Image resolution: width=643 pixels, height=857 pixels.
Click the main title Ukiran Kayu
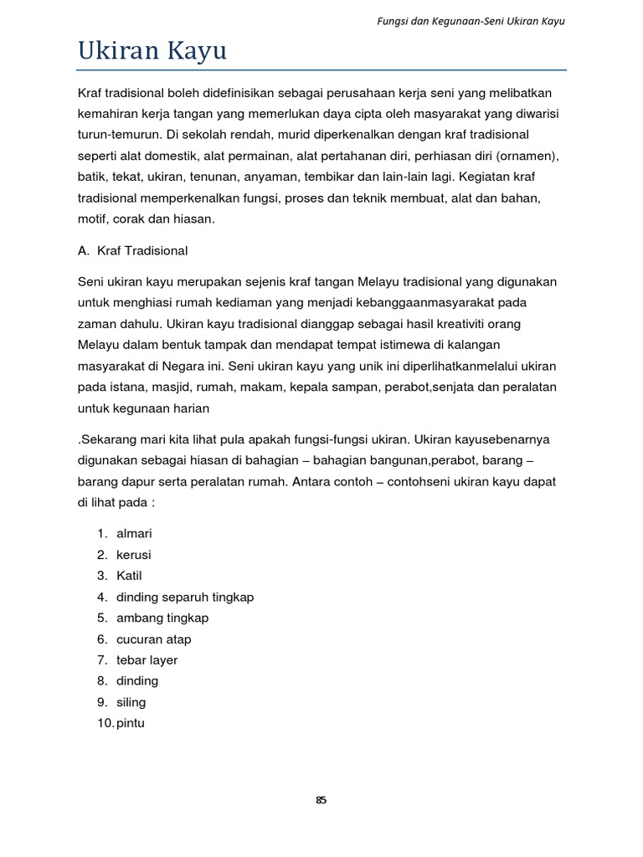(152, 52)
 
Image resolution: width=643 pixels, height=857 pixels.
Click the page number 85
(321, 800)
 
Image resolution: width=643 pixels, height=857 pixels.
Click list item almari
(135, 534)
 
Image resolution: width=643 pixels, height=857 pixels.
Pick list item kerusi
(134, 555)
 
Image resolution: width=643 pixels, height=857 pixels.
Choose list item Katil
(130, 576)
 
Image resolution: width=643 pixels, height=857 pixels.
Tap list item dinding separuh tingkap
(185, 597)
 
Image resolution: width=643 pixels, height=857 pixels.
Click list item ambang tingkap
(162, 618)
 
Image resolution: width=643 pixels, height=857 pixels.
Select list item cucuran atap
(154, 639)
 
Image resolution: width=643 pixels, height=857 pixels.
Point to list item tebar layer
(147, 660)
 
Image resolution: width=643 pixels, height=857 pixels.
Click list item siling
(131, 702)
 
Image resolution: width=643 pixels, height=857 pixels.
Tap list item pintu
(131, 723)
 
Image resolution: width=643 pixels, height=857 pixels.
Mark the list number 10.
(105, 723)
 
